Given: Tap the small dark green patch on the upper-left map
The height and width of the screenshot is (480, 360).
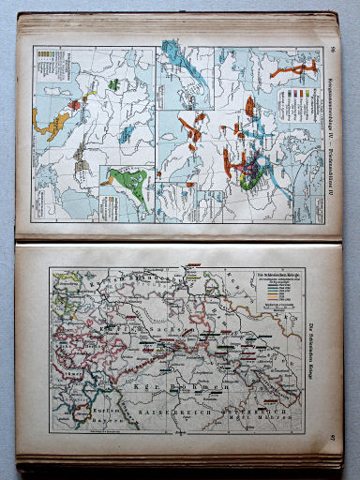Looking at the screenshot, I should pos(113,84).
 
